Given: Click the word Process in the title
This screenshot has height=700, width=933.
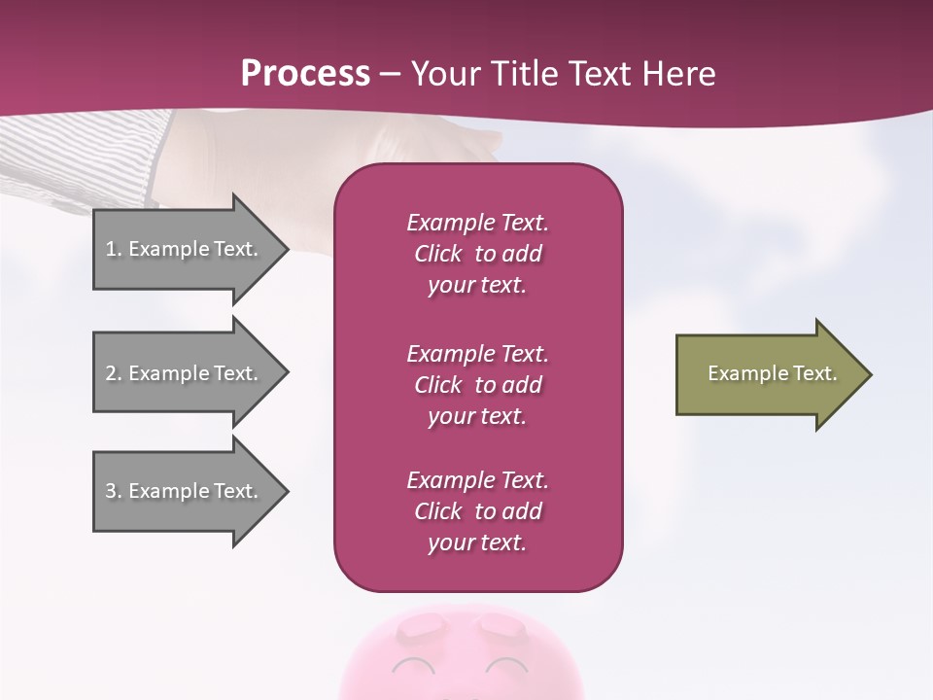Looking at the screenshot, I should [305, 74].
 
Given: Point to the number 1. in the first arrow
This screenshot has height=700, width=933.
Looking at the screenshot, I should [114, 249].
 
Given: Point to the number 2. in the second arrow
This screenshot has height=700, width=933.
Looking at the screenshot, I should [114, 373].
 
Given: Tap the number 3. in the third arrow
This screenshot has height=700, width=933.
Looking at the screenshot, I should [114, 491].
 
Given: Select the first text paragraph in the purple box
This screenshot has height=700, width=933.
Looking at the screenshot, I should [477, 254].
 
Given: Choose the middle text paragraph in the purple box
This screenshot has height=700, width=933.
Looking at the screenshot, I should [477, 385].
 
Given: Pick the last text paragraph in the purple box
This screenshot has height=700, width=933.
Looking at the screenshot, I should [477, 511].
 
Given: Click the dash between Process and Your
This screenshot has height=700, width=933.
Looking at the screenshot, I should [391, 75].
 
